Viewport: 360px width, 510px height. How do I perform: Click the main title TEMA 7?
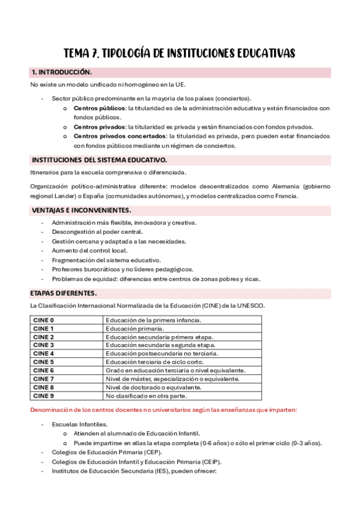180,53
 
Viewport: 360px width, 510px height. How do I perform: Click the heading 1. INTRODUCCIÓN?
61,73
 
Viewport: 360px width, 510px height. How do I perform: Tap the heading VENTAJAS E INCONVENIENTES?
81,210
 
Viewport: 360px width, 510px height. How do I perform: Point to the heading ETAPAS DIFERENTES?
63,293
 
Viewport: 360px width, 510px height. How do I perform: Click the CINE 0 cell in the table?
44,321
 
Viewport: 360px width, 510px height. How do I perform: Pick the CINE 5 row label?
44,362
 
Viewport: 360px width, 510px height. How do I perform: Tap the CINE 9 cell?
44,396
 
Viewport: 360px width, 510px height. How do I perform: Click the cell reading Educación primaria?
135,329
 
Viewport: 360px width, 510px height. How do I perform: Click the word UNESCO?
249,306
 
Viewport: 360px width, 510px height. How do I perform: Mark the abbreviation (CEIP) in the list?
210,462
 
